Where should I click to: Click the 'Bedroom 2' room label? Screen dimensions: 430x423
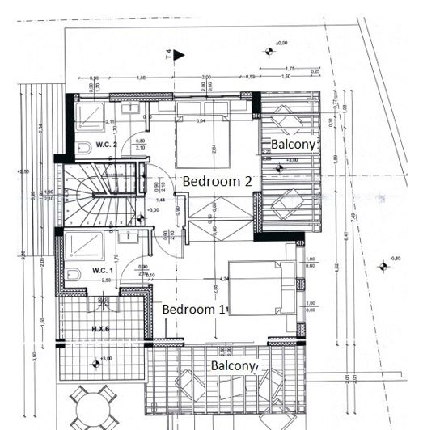click(216, 181)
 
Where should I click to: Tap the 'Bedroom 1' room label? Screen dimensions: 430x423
click(194, 310)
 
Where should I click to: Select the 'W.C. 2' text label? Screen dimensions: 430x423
click(106, 145)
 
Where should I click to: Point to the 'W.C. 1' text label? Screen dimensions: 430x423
click(102, 269)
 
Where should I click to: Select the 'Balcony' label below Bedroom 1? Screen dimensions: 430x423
click(234, 366)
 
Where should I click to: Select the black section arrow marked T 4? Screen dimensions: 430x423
click(180, 55)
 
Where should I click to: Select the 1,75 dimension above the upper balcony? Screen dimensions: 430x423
click(289, 69)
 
